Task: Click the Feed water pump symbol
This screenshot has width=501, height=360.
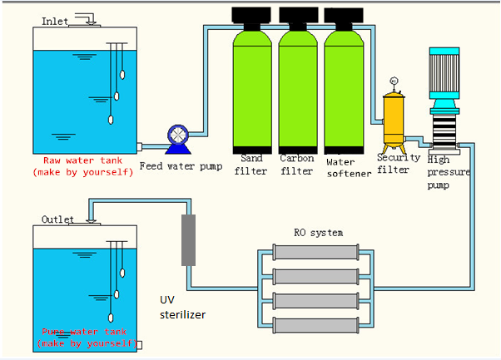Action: pos(178,140)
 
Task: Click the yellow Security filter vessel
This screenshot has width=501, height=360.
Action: pos(394,120)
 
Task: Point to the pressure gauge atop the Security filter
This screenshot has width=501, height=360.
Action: pos(394,81)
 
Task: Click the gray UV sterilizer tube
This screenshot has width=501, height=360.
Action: pos(189,240)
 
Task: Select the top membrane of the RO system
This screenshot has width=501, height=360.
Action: pos(316,252)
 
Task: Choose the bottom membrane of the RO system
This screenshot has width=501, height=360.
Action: pos(316,325)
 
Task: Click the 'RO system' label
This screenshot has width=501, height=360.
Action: pos(319,233)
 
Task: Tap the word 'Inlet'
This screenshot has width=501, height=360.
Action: pos(55,22)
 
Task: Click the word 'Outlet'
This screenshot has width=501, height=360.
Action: pos(57,219)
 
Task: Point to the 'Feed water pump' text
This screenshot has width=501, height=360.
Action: pos(181,166)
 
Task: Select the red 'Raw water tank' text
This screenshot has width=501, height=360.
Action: pos(82,160)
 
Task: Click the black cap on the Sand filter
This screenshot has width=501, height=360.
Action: pos(251,15)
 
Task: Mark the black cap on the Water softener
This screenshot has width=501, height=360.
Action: pos(344,15)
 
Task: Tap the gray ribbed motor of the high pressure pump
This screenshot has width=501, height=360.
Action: pos(444,73)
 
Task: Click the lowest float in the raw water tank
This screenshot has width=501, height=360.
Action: pos(111,120)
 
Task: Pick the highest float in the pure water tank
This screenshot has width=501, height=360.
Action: pos(122,273)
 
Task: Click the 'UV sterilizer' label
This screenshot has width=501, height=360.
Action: pos(182,308)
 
